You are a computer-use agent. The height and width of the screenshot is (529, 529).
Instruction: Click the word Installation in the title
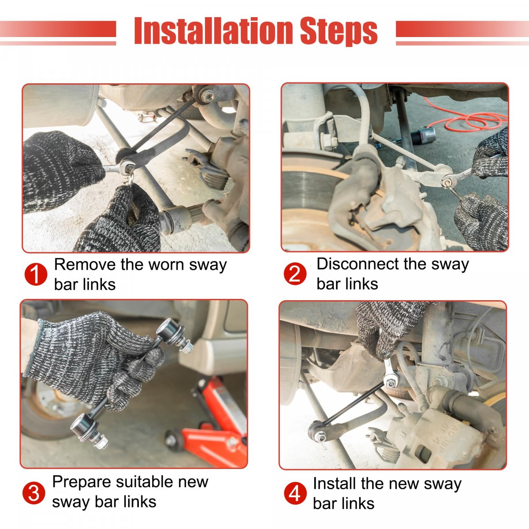(x=213, y=30)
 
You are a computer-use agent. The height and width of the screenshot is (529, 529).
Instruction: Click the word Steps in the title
(x=339, y=32)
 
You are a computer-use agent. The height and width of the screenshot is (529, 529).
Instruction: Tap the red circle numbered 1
(x=36, y=274)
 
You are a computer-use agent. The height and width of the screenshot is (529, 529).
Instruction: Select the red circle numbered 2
(x=295, y=274)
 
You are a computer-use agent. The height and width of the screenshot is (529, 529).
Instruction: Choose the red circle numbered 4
(x=295, y=493)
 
